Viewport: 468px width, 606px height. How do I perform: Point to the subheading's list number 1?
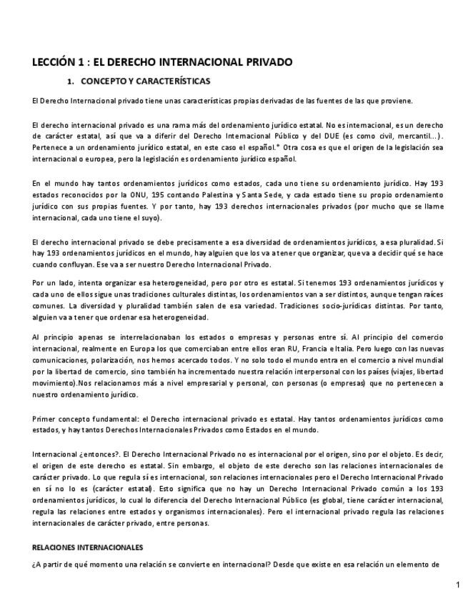[70, 81]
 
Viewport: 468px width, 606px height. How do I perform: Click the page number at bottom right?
[457, 585]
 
